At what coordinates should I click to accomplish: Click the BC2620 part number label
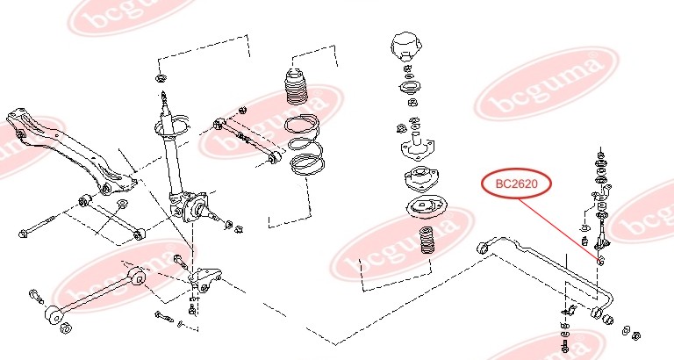click(x=516, y=184)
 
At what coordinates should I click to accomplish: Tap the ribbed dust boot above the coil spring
click(x=296, y=86)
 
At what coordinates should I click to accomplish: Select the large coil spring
click(x=305, y=145)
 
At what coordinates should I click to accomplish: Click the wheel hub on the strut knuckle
click(x=196, y=208)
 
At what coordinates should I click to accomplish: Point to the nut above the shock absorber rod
click(x=161, y=78)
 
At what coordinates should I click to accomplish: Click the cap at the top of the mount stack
click(x=406, y=46)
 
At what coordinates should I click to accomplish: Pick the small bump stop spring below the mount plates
click(x=425, y=240)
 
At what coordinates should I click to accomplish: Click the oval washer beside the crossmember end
click(x=122, y=204)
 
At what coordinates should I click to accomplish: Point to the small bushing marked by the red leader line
click(x=601, y=260)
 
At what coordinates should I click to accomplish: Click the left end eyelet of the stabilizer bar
click(x=484, y=248)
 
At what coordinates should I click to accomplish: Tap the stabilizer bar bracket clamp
click(x=570, y=310)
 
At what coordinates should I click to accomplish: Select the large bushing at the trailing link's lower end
click(x=54, y=314)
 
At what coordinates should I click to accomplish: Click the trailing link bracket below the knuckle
click(x=204, y=278)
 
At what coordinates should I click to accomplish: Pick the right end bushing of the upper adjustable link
click(x=274, y=157)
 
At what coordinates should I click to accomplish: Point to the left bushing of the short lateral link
click(x=83, y=200)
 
